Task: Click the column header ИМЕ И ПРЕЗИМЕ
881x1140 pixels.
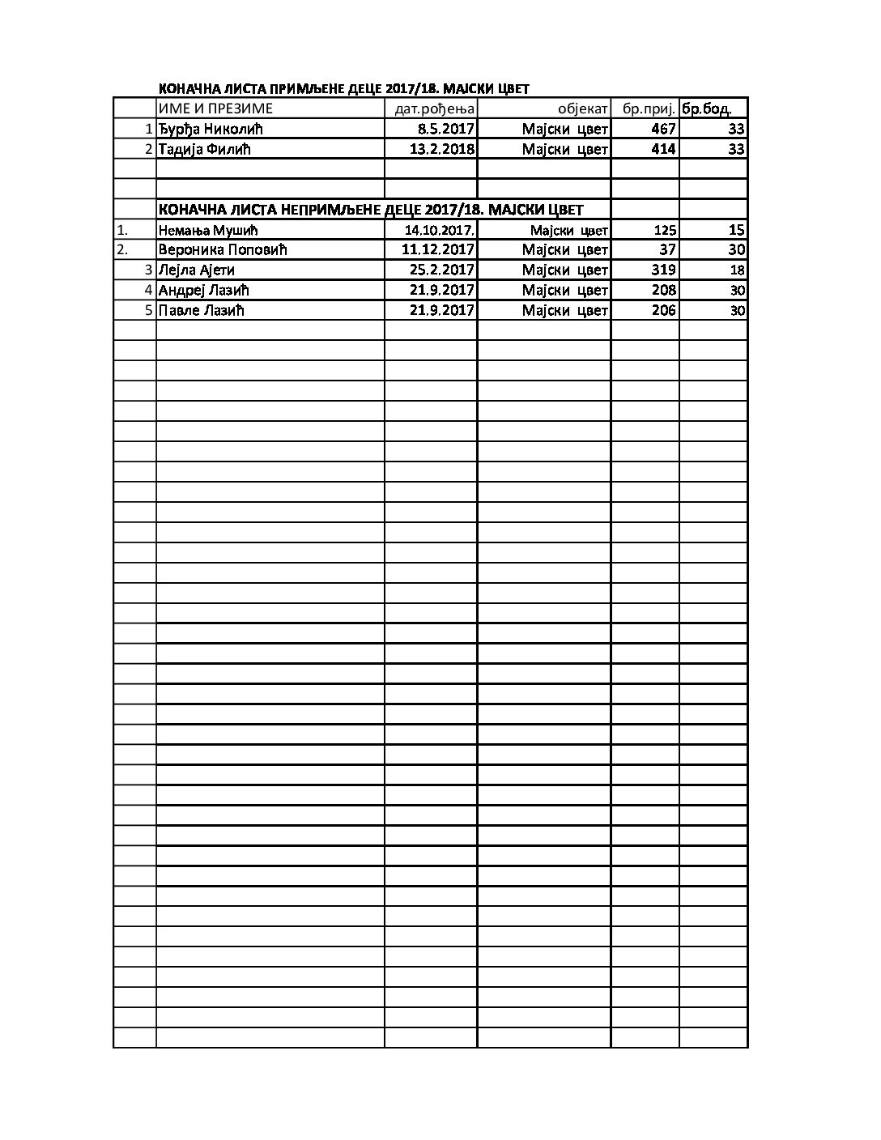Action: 215,108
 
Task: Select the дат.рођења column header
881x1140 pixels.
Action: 434,109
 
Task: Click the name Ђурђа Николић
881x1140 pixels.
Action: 211,129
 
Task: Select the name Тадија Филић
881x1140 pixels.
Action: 205,149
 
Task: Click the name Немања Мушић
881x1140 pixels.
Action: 208,230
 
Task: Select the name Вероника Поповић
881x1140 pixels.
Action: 223,249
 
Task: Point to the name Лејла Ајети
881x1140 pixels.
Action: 197,270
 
